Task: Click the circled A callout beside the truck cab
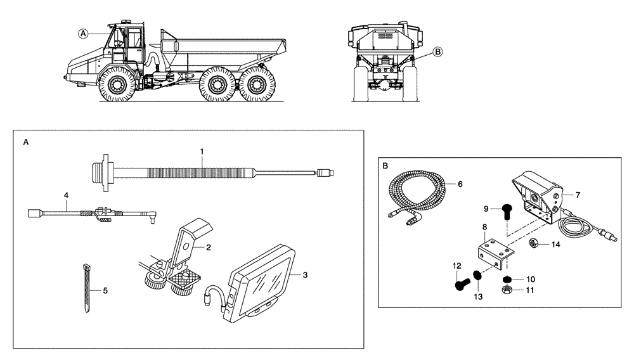click(82, 33)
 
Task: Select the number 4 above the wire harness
click(65, 196)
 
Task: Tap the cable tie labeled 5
click(87, 288)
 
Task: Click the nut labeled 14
click(534, 242)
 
